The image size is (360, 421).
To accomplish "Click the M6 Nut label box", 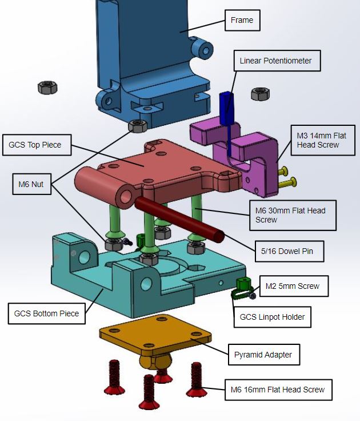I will point(31,184).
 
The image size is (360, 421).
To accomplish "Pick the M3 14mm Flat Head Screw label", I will point(318,140).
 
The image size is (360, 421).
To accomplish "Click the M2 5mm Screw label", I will point(294,285).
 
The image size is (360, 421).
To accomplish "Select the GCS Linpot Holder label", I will point(271,317).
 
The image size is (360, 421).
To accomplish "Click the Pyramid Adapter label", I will point(263,355).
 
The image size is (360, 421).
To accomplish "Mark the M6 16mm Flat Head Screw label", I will point(277,390).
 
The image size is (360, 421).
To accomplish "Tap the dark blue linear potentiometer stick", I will point(226,103).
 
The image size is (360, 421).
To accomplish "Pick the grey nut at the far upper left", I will point(47,88).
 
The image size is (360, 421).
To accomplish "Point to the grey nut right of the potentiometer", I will point(260,93).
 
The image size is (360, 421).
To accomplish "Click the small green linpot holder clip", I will point(243,284).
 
